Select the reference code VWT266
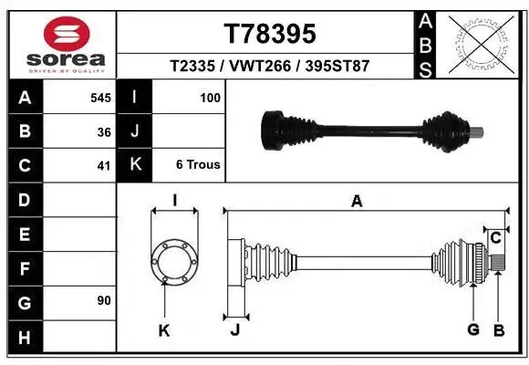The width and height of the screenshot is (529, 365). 270,67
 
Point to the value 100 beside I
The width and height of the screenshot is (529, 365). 209,97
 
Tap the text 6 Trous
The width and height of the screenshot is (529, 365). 197,165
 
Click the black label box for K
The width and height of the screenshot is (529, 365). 135,165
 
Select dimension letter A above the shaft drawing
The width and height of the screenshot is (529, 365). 357,202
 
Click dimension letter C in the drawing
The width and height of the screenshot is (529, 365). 495,238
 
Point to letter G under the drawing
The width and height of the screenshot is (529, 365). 472,328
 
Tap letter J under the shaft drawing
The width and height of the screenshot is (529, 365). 234,329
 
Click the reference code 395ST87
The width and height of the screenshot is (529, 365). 337,67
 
